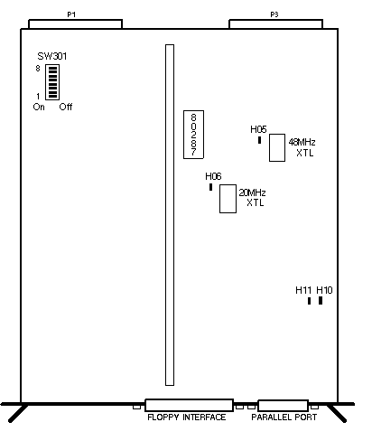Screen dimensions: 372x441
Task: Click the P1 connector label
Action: click(71, 14)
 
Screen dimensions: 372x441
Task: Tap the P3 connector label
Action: click(274, 14)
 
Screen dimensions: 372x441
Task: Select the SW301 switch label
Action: click(52, 56)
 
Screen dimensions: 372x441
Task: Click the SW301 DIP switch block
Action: click(52, 82)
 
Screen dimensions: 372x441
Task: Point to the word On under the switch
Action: click(39, 107)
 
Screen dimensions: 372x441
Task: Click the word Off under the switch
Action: click(66, 107)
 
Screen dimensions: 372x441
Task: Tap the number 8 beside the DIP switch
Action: click(38, 69)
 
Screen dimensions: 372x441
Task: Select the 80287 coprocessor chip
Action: click(193, 135)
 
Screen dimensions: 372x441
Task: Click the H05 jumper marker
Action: click(259, 140)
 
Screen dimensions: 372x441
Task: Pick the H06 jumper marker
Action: click(210, 187)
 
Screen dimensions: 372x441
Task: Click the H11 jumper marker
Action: click(309, 301)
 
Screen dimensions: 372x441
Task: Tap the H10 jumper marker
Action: click(321, 301)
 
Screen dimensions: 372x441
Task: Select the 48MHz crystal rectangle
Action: click(277, 147)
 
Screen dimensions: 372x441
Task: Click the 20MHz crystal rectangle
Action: click(228, 199)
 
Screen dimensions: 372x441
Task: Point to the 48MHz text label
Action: click(302, 142)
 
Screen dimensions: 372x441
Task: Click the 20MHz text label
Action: click(252, 192)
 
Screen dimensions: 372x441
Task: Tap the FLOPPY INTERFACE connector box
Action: click(189, 405)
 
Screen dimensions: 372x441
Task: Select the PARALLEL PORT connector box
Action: click(283, 406)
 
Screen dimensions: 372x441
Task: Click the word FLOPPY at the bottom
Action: click(163, 418)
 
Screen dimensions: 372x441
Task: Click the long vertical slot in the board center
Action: click(170, 215)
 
